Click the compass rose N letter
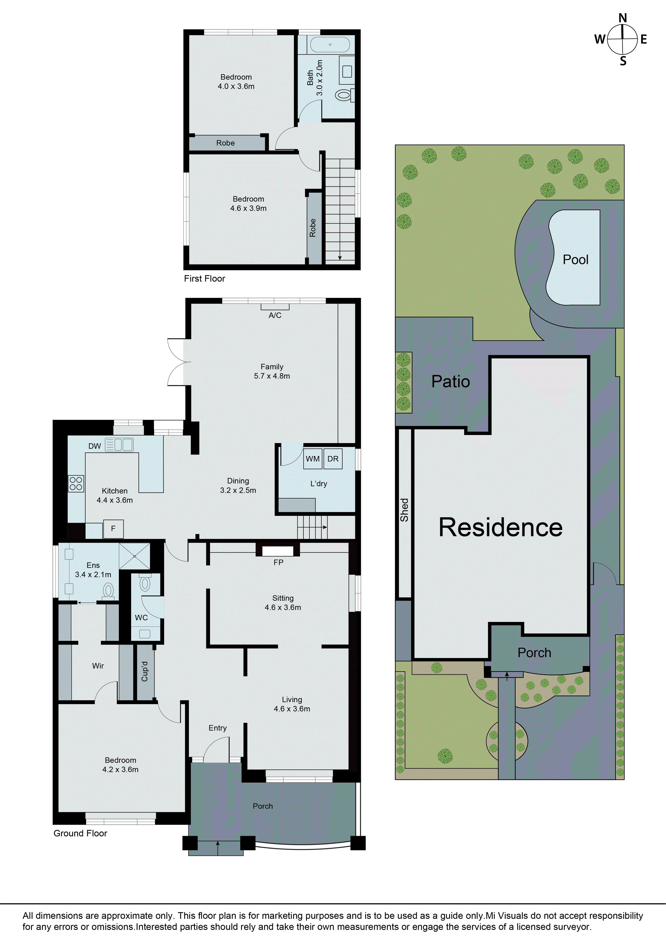point(623,18)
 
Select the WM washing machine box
point(313,459)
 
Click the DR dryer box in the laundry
point(332,459)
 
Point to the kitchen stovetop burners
point(76,483)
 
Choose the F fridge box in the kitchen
point(113,529)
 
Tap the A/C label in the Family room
point(275,315)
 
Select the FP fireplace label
point(278,562)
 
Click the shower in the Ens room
point(135,556)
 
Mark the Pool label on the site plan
point(575,259)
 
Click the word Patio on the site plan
point(450,381)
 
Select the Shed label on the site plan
point(404,510)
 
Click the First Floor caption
point(204,279)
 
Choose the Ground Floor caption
point(80,833)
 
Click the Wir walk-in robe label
point(98,666)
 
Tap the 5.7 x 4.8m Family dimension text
point(272,376)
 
